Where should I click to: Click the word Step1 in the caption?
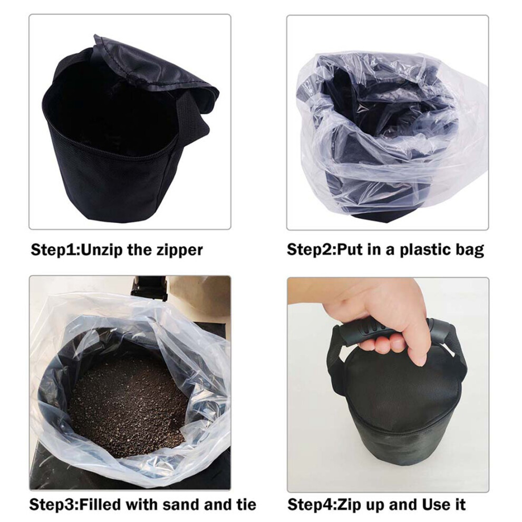pyautogui.click(x=53, y=250)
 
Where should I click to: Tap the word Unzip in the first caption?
pyautogui.click(x=101, y=250)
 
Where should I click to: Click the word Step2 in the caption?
pyautogui.click(x=310, y=250)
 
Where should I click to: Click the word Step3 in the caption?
pyautogui.click(x=52, y=505)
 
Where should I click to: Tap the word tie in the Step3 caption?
pyautogui.click(x=246, y=505)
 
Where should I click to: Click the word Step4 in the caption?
pyautogui.click(x=310, y=505)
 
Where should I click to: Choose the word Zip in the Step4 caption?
pyautogui.click(x=349, y=505)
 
